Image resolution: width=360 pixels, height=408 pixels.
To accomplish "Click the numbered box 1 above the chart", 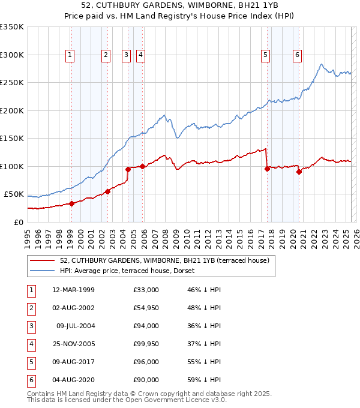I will (70, 55).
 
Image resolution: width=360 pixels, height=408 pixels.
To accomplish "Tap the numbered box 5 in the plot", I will (265, 55).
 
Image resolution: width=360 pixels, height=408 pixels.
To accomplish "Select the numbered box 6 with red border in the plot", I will (297, 55).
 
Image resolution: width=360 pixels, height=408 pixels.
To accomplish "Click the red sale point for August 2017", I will (266, 169).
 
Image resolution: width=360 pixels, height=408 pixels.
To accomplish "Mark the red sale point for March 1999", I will (71, 203).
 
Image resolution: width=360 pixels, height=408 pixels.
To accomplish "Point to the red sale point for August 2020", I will (299, 172).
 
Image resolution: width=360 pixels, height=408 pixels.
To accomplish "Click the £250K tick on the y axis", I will (12, 83).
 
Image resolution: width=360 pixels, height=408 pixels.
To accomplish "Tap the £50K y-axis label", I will (14, 194).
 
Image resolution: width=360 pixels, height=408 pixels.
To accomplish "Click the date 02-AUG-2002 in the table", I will (73, 308).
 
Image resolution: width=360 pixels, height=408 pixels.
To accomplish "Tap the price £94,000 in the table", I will (146, 326).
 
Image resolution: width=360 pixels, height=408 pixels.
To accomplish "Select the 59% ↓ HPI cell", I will (205, 380).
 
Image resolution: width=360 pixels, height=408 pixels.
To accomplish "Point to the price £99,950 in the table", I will (146, 344).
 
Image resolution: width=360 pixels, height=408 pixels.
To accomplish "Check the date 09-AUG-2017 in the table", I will (73, 362).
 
